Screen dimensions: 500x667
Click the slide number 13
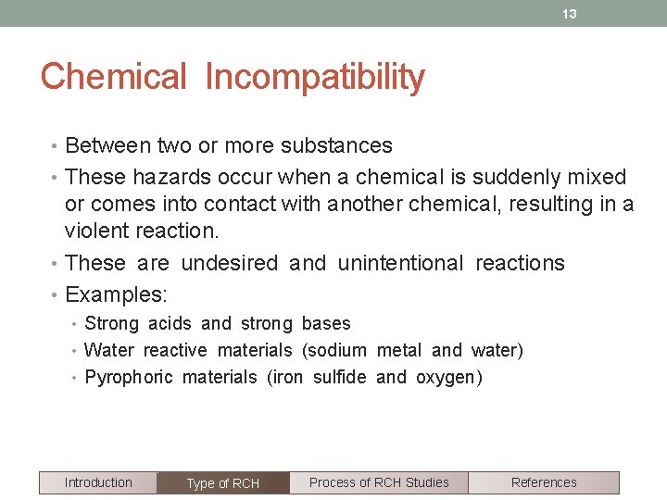pyautogui.click(x=570, y=14)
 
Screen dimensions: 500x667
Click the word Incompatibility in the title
pyautogui.click(x=314, y=77)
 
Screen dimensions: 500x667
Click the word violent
pyautogui.click(x=97, y=231)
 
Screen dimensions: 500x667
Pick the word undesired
pyautogui.click(x=229, y=263)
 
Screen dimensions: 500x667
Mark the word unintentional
pyautogui.click(x=400, y=263)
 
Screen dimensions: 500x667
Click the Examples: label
pyautogui.click(x=115, y=294)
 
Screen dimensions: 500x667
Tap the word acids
pyautogui.click(x=170, y=323)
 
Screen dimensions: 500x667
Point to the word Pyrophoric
pyautogui.click(x=129, y=377)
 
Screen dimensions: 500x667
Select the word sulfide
pyautogui.click(x=340, y=377)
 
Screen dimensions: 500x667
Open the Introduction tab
pyautogui.click(x=98, y=482)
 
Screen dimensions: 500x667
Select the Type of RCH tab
pyautogui.click(x=223, y=483)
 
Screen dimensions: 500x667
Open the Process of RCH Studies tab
pyautogui.click(x=379, y=482)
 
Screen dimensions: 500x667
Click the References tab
pyautogui.click(x=544, y=482)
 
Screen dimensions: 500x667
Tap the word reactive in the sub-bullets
pyautogui.click(x=175, y=350)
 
